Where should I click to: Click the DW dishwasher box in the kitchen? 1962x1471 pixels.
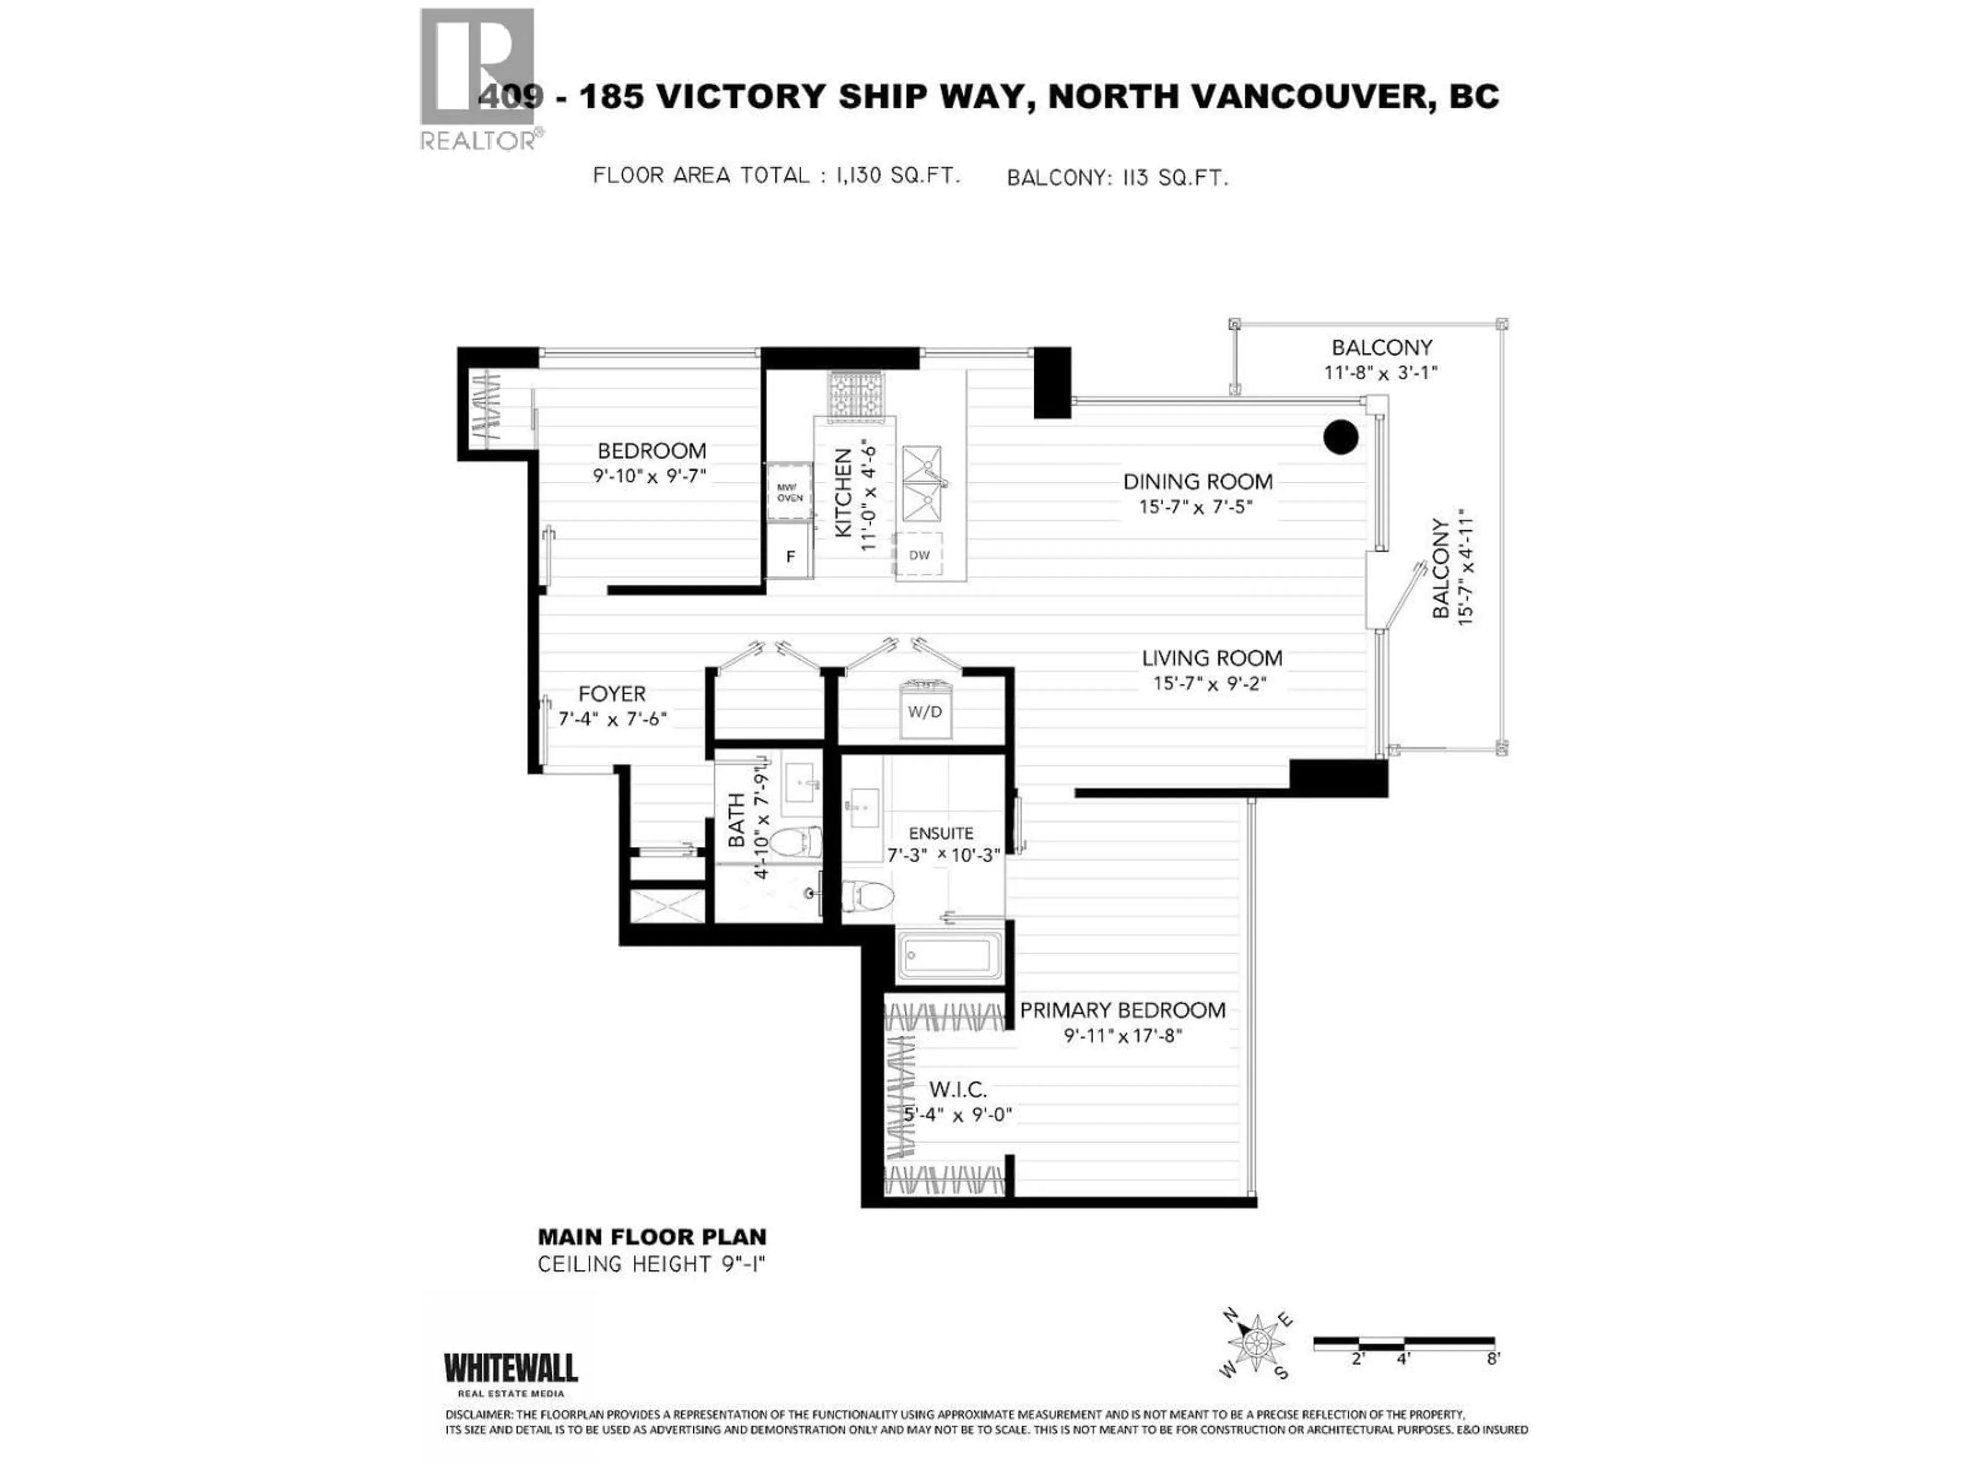(919, 555)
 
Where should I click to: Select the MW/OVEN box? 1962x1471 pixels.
(789, 492)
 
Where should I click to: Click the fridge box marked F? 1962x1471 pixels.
(790, 556)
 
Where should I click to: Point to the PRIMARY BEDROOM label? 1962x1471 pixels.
(1122, 1010)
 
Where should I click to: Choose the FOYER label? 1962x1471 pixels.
(612, 694)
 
